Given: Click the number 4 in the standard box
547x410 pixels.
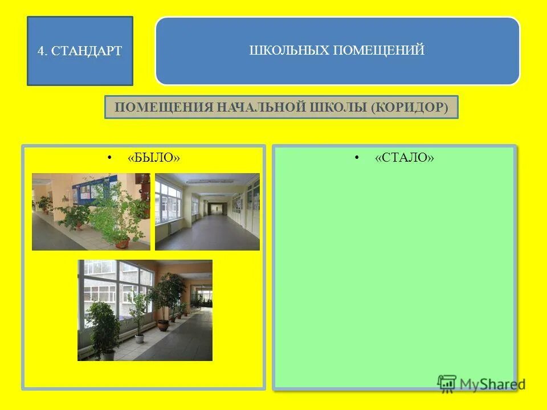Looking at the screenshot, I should [x=40, y=51].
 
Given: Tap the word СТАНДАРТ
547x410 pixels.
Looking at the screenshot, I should [x=86, y=51].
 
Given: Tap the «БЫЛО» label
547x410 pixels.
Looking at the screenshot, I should [x=153, y=158].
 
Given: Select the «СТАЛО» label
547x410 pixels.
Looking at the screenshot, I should [x=404, y=158].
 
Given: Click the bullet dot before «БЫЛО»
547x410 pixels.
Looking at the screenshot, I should [x=109, y=157].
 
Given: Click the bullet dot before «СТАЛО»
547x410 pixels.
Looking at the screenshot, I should [x=357, y=157].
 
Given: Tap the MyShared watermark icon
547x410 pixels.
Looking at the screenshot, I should [x=447, y=383].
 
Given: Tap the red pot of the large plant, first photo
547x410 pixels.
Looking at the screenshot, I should [x=121, y=243].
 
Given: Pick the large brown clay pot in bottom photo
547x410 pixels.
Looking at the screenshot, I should [x=163, y=325].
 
